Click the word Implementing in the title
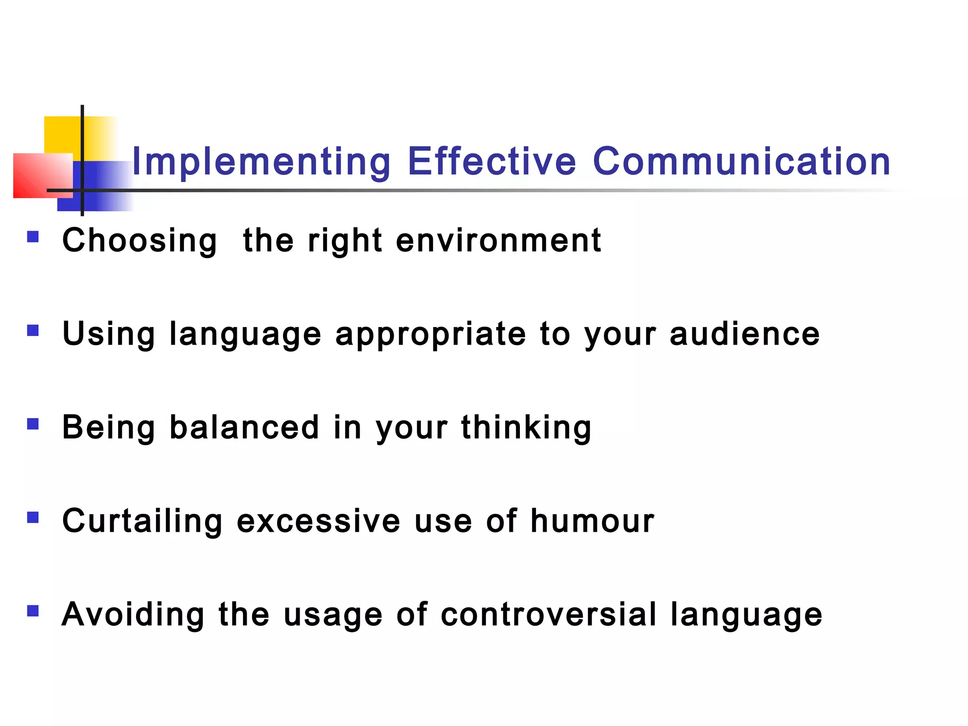(261, 162)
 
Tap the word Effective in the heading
(492, 162)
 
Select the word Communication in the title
(741, 162)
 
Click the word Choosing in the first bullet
(140, 241)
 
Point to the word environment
(499, 241)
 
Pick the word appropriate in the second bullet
(431, 335)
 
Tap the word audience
(745, 335)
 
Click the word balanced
(244, 427)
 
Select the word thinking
(526, 427)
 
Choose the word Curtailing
(142, 521)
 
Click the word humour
(592, 521)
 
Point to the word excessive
(319, 521)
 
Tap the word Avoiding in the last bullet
(133, 614)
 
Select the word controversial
(549, 614)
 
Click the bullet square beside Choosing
(33, 236)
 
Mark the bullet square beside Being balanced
(33, 423)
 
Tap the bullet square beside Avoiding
(33, 611)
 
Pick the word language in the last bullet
(746, 614)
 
